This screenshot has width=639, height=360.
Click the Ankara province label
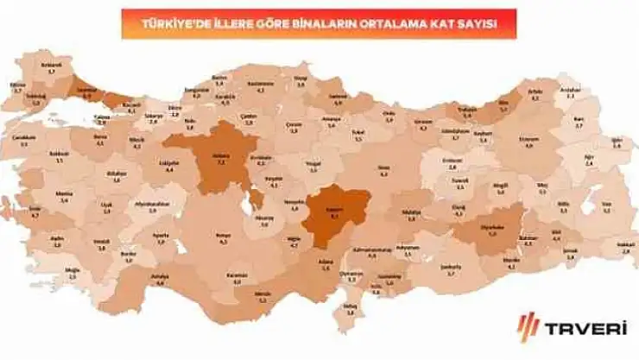tap(220, 159)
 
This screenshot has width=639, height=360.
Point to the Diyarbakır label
tap(493, 231)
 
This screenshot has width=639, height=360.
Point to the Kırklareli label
tap(51, 66)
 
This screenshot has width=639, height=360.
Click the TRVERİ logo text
tap(586, 329)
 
